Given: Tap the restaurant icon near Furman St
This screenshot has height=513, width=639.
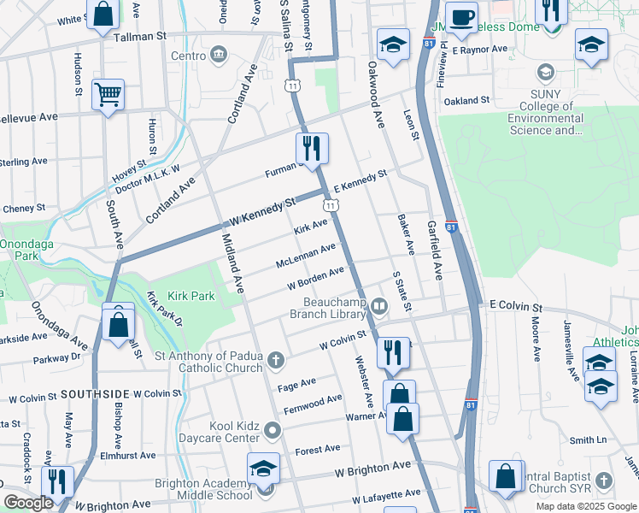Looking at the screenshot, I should (x=312, y=149).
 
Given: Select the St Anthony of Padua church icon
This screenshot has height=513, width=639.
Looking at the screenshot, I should (x=275, y=359).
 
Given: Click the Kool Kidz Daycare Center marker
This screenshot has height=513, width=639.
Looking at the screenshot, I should (x=272, y=429).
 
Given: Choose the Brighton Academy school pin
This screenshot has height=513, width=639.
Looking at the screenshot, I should (x=263, y=469).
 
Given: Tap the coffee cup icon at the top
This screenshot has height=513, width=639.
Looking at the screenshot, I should (x=461, y=17).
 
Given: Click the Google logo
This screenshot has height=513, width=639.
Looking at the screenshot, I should (x=28, y=503).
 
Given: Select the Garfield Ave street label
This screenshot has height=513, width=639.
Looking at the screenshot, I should (x=435, y=249).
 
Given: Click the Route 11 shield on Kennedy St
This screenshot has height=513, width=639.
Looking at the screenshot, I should (x=330, y=205).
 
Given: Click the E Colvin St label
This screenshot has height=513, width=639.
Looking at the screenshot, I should (x=515, y=305).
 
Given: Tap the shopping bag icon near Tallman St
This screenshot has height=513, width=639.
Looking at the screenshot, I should (x=103, y=15).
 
